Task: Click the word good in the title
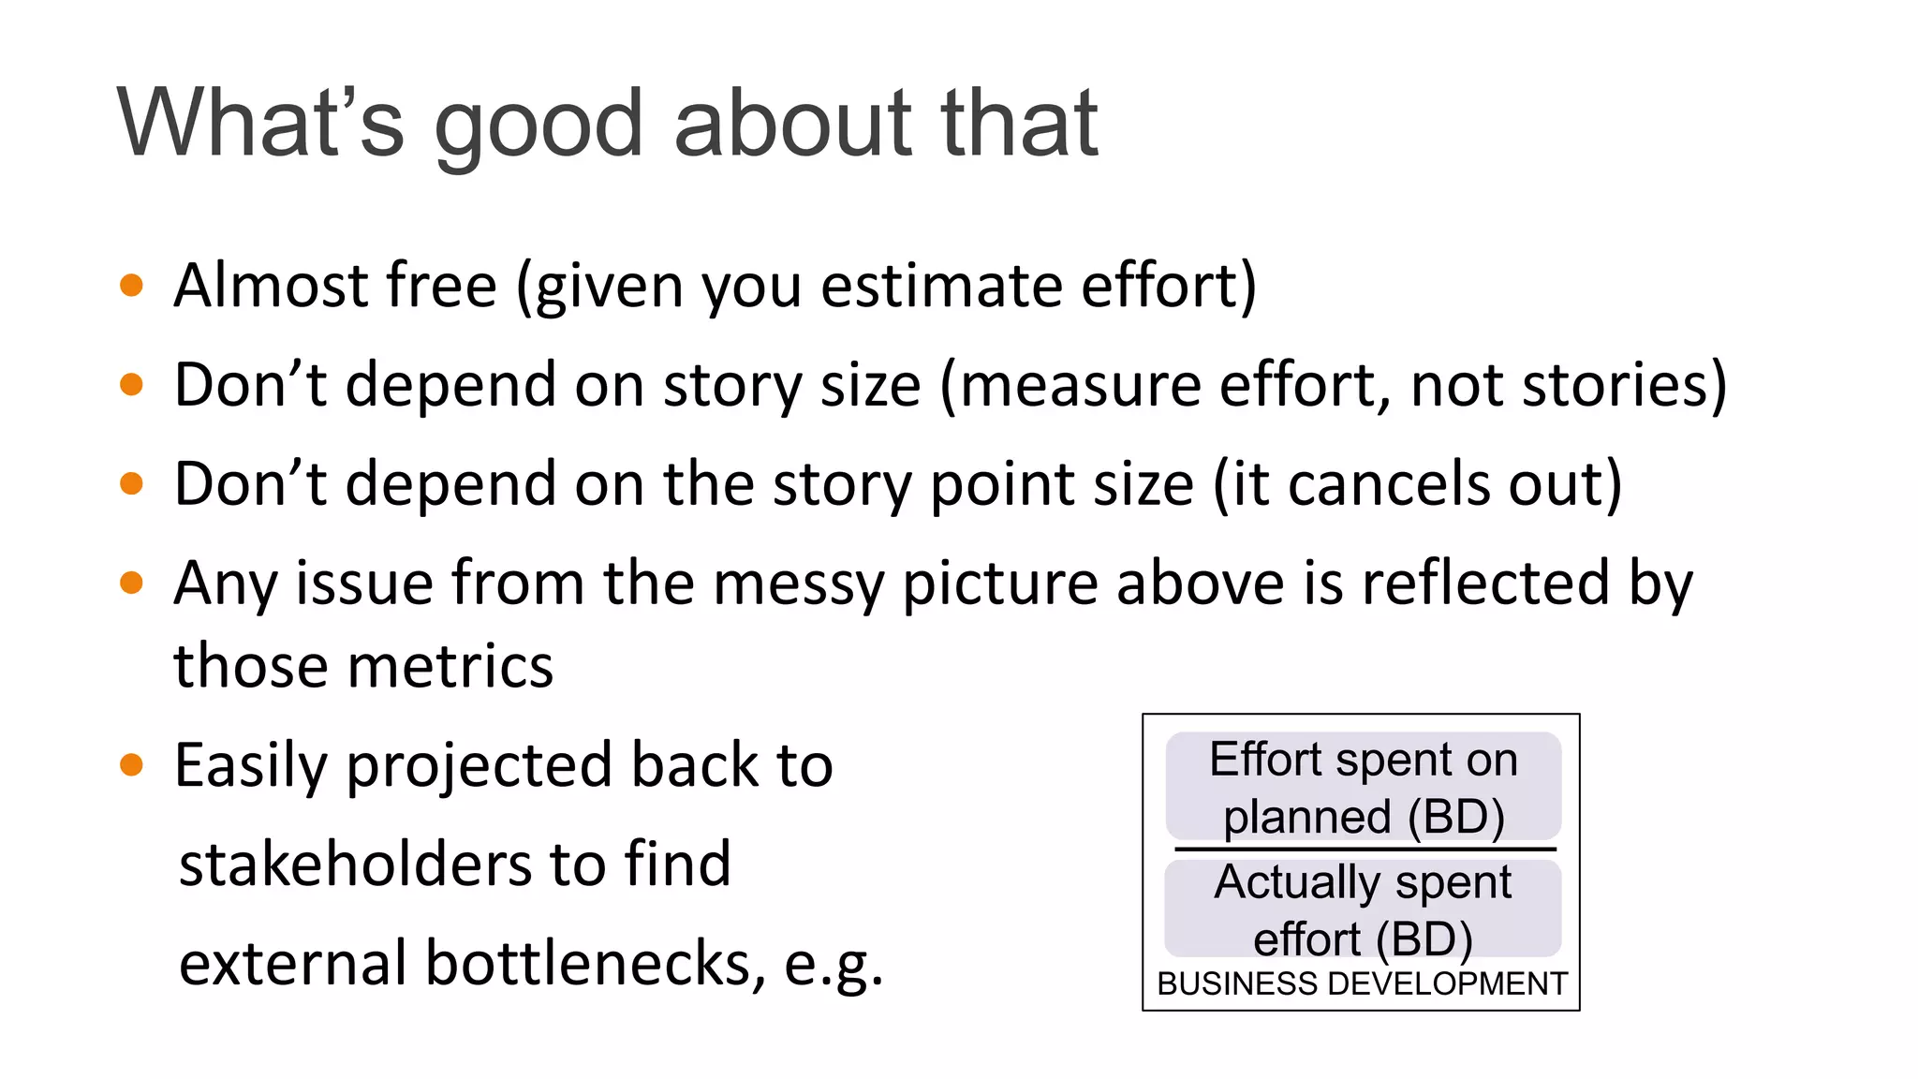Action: click(541, 125)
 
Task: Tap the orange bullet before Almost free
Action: click(132, 285)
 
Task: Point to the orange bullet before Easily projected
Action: click(132, 764)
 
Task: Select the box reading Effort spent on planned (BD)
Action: click(1363, 786)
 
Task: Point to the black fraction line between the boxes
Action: click(1365, 850)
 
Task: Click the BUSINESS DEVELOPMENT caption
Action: click(1362, 983)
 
